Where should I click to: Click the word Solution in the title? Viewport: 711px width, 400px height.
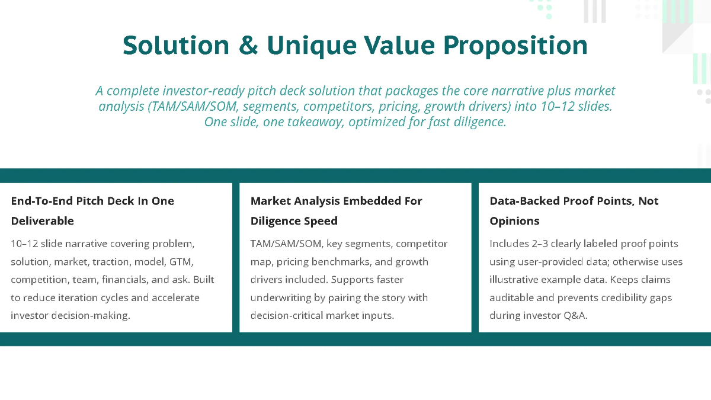tap(176, 46)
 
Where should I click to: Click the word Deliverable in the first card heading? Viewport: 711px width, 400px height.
tap(42, 221)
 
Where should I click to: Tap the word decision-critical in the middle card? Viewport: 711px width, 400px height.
tap(289, 315)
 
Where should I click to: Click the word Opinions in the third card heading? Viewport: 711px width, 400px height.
tap(514, 221)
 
